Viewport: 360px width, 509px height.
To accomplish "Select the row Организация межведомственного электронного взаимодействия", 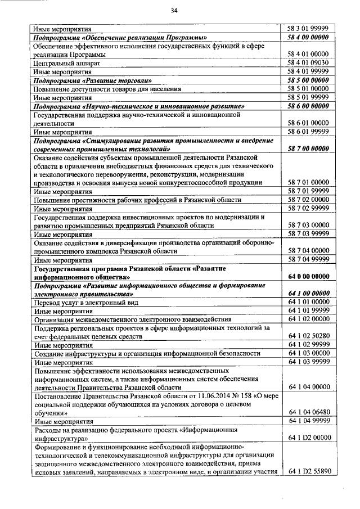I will (132, 319).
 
